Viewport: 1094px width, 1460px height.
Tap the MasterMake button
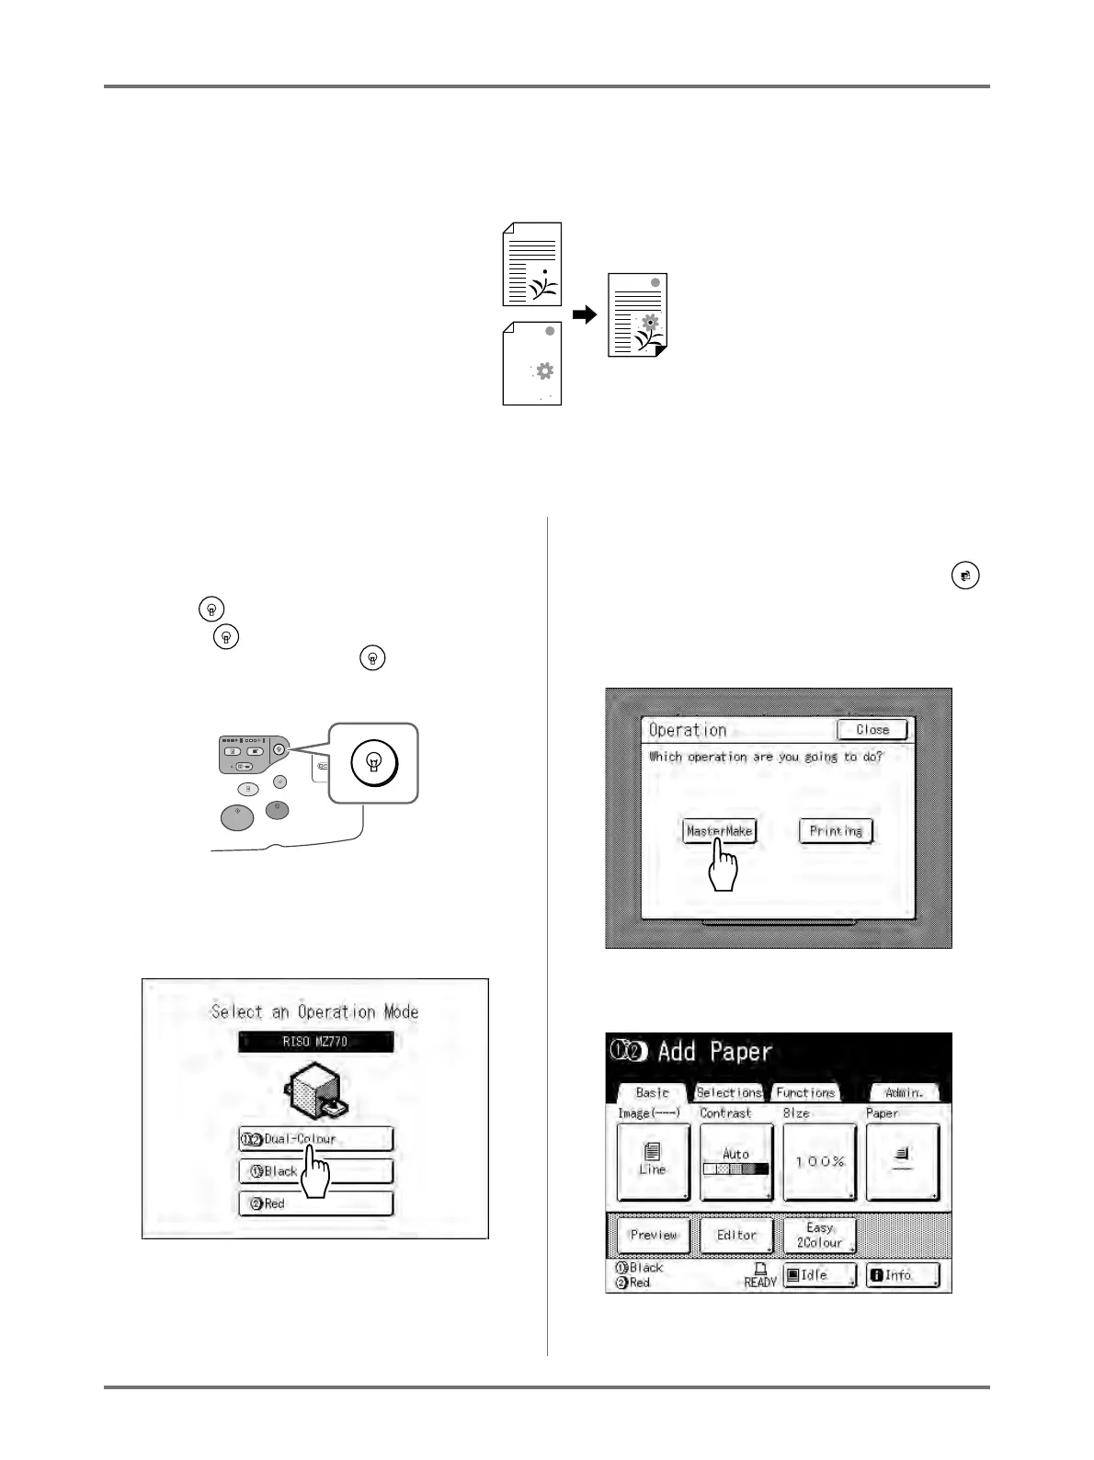point(719,831)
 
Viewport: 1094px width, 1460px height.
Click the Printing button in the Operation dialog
point(835,831)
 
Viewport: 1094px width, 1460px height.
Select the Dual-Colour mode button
point(315,1139)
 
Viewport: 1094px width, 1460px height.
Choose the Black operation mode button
point(315,1171)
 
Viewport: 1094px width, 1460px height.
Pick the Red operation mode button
point(315,1203)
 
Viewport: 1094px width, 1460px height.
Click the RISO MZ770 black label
point(315,1042)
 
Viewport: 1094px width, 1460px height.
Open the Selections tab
point(729,1092)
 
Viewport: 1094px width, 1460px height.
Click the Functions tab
point(805,1092)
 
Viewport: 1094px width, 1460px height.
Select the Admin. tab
point(904,1092)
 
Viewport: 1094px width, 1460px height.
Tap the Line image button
point(652,1161)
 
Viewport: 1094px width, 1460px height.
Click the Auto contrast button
point(735,1161)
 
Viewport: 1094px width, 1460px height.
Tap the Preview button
point(653,1235)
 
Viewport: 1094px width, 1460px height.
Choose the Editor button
point(736,1235)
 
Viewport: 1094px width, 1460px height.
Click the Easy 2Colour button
point(819,1235)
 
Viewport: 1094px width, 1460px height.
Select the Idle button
point(819,1275)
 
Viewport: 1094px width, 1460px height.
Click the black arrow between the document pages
point(585,314)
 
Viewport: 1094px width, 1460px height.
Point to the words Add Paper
point(714,1051)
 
